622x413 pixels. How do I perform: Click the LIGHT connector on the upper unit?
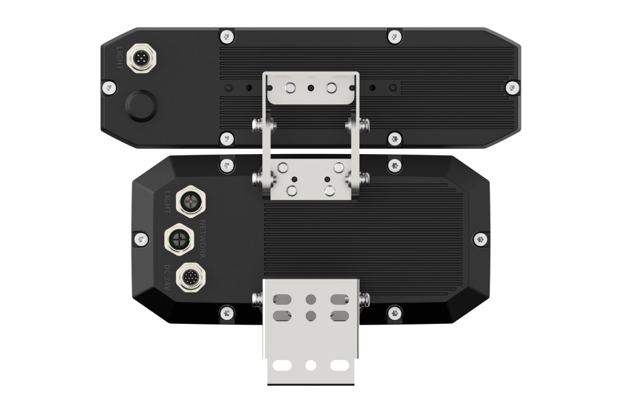tap(140, 58)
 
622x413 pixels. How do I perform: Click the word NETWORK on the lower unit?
tap(202, 238)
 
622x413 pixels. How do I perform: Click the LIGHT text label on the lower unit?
tap(168, 202)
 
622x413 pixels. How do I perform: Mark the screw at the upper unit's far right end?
tap(511, 87)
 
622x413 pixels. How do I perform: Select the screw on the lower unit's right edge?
tap(480, 239)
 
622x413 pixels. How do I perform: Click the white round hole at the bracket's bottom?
tap(311, 364)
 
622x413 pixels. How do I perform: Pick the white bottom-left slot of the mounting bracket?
tap(284, 364)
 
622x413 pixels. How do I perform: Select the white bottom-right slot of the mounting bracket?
tap(338, 364)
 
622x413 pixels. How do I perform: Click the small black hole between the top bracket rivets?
tap(311, 88)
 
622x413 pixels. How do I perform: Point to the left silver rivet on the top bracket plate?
tap(291, 88)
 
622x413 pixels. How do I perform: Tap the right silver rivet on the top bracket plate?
tap(331, 88)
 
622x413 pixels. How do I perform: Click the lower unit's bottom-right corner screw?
tap(394, 313)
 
